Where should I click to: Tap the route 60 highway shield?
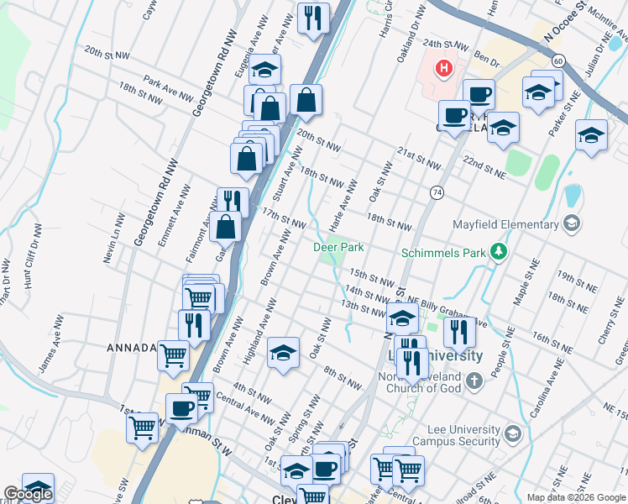[x=557, y=60]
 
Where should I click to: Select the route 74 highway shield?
[x=437, y=192]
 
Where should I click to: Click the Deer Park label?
[x=338, y=247]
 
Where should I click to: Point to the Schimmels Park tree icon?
[x=499, y=251]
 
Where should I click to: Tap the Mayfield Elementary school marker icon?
[x=572, y=223]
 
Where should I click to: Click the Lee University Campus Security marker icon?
[x=513, y=433]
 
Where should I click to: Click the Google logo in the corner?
[x=27, y=494]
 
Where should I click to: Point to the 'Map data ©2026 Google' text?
[x=575, y=497]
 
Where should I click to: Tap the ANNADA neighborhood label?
[x=130, y=348]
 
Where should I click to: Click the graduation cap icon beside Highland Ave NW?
[x=284, y=353]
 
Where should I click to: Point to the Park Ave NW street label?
[x=168, y=88]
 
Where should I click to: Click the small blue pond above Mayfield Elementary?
[x=573, y=197]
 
